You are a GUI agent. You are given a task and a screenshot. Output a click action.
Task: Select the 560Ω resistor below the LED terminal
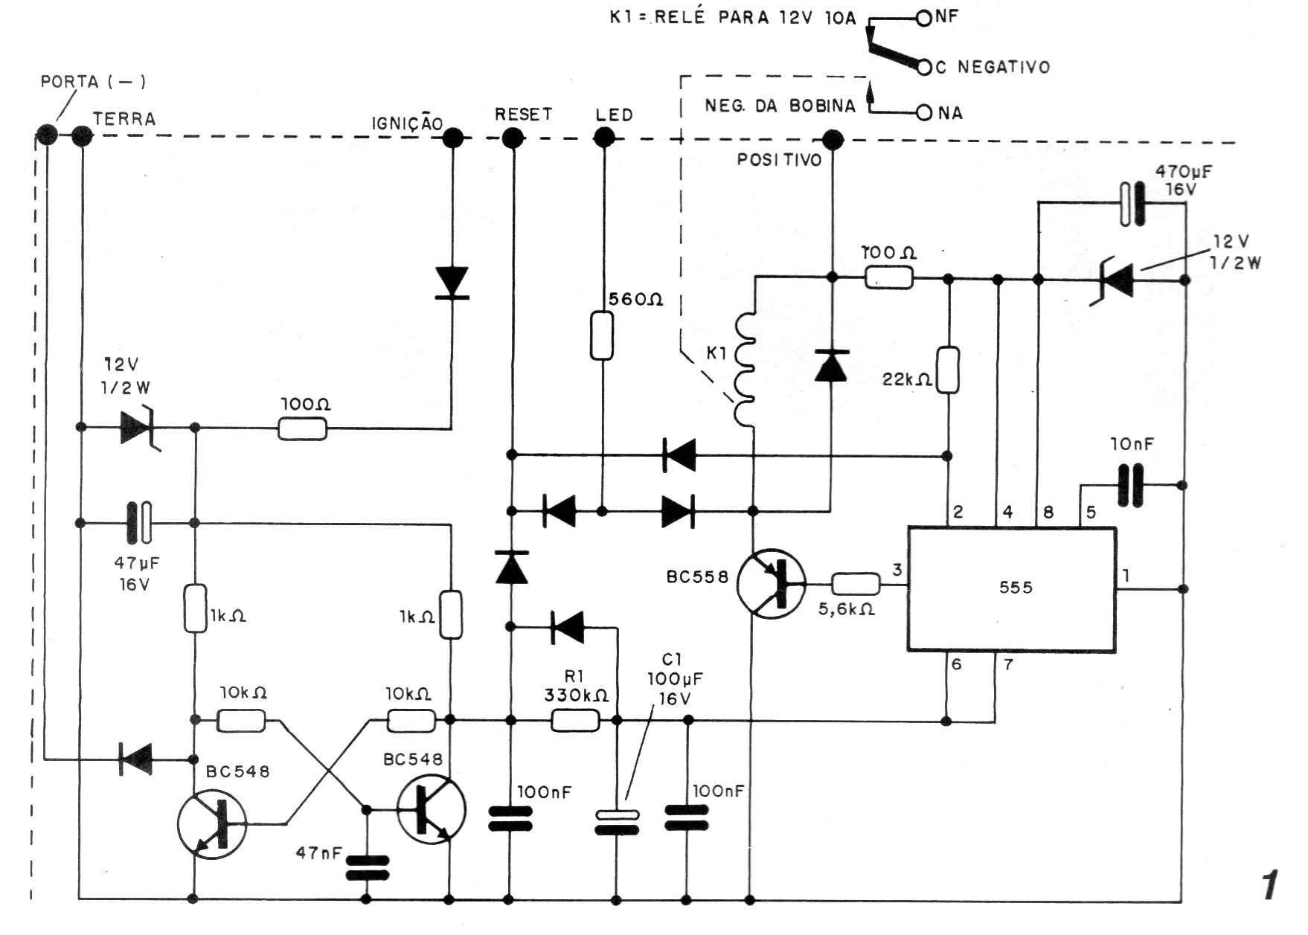pos(602,336)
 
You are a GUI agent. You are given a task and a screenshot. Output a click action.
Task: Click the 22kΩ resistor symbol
pos(948,370)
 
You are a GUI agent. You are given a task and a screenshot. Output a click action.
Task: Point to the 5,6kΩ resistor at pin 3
pos(856,585)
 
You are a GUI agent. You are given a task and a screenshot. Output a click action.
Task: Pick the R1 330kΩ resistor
pos(575,720)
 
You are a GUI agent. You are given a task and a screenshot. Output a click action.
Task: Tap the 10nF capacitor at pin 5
pos(1131,485)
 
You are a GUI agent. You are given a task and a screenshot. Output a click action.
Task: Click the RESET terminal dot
pos(512,138)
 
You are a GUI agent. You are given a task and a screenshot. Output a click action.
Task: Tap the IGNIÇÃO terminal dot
pos(452,138)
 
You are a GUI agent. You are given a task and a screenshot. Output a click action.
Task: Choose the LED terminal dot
pos(604,138)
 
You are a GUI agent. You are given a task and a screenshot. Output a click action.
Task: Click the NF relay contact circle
pos(924,18)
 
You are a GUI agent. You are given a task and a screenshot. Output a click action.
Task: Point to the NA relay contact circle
pos(924,113)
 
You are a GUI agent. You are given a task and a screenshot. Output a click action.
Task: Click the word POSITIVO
pos(779,160)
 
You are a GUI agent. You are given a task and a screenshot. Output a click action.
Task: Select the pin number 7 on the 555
pos(1008,664)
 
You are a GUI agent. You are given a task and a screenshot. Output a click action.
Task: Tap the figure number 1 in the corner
pos(1269,887)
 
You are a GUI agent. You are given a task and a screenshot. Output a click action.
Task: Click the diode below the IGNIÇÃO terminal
pos(452,283)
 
